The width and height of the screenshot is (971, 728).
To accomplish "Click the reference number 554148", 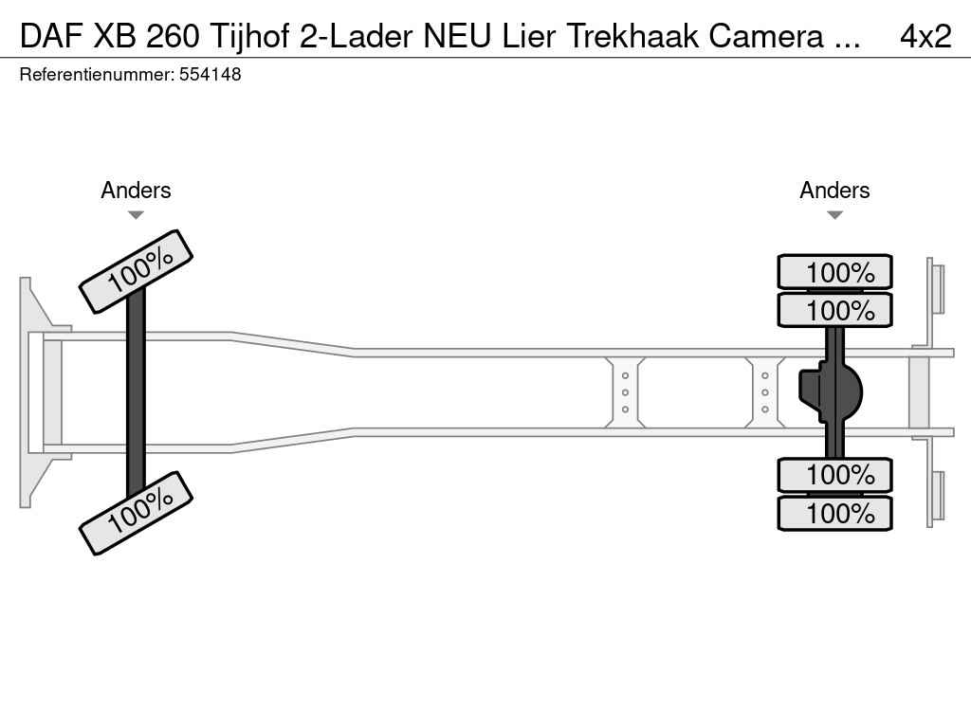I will point(210,75).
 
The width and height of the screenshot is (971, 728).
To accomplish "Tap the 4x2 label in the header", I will point(925,36).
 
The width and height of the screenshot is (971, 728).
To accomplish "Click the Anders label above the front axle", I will point(136,191).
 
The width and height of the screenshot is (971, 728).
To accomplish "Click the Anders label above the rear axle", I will point(834,191).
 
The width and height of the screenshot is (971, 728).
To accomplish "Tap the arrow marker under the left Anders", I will point(136,215).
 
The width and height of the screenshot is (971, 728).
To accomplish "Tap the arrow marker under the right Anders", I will point(834,215).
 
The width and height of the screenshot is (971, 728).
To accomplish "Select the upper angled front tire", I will point(136,271).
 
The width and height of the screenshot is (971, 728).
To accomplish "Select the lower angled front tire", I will point(136,512).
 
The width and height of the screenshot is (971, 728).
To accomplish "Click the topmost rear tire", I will point(834,272).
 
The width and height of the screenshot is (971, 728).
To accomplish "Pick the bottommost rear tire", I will point(834,514).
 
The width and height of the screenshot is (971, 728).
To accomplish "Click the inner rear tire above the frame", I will point(834,310).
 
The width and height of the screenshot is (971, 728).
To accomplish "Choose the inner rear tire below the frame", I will point(834,474).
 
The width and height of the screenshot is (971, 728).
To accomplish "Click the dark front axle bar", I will point(136,391).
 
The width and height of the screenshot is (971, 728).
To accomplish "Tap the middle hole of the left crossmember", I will point(626,392).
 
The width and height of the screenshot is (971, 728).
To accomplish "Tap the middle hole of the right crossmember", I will point(764,392).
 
